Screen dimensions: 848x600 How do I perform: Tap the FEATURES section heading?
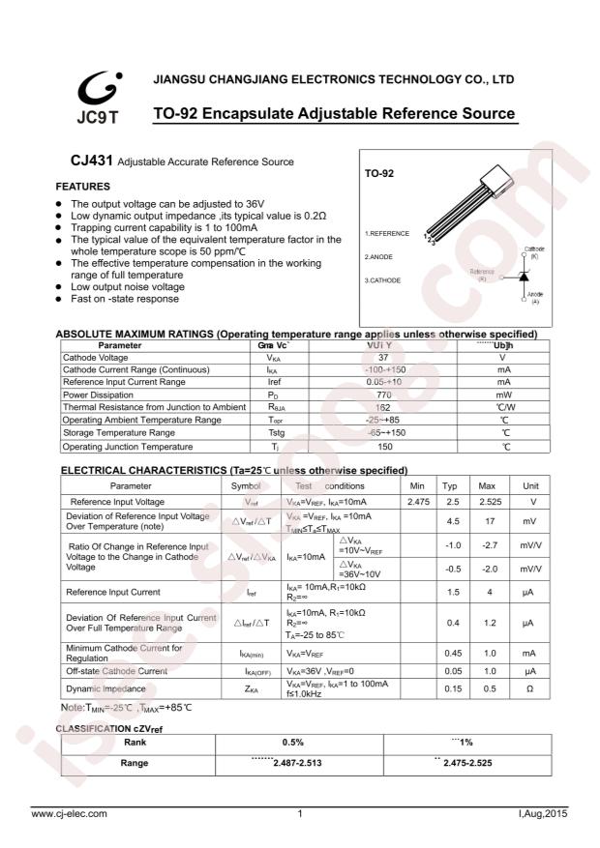[82, 186]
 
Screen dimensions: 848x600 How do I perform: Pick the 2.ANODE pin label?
[378, 257]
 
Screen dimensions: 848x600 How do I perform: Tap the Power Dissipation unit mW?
[504, 395]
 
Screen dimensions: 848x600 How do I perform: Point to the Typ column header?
[450, 485]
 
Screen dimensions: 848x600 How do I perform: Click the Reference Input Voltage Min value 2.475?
[418, 503]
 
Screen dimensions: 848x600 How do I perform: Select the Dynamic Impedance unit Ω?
[529, 688]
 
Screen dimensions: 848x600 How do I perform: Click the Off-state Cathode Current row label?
[116, 670]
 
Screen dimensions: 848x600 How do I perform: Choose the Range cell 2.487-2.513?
[293, 763]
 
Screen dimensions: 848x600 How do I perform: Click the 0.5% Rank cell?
[293, 742]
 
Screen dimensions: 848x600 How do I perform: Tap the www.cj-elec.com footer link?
[70, 813]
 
